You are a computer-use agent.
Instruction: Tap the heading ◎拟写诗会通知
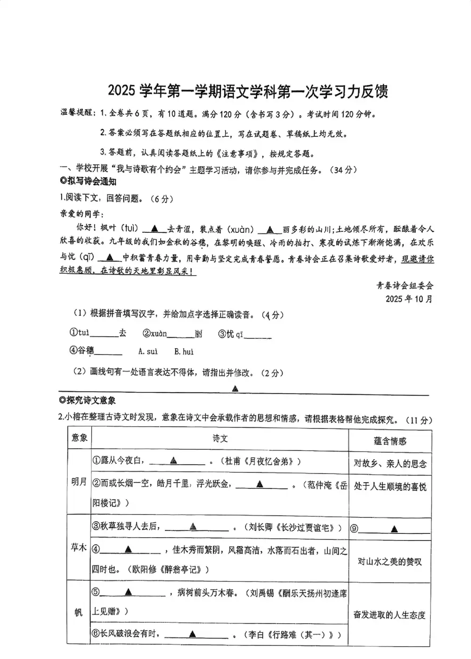tap(88, 182)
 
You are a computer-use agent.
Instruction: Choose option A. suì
tap(148, 351)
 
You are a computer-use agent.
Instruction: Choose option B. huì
tap(184, 351)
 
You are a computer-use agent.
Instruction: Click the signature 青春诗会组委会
tap(405, 285)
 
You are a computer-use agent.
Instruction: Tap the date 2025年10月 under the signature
tap(409, 299)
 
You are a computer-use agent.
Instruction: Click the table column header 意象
tap(80, 438)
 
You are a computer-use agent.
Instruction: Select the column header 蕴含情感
tap(390, 441)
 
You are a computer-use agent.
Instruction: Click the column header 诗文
tap(220, 438)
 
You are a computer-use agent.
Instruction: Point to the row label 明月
tap(79, 482)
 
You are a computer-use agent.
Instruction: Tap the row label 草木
tap(79, 548)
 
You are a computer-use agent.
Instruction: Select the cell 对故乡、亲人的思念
tap(390, 464)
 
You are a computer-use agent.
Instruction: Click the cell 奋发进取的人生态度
tap(390, 615)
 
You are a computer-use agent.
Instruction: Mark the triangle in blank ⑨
tap(395, 529)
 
